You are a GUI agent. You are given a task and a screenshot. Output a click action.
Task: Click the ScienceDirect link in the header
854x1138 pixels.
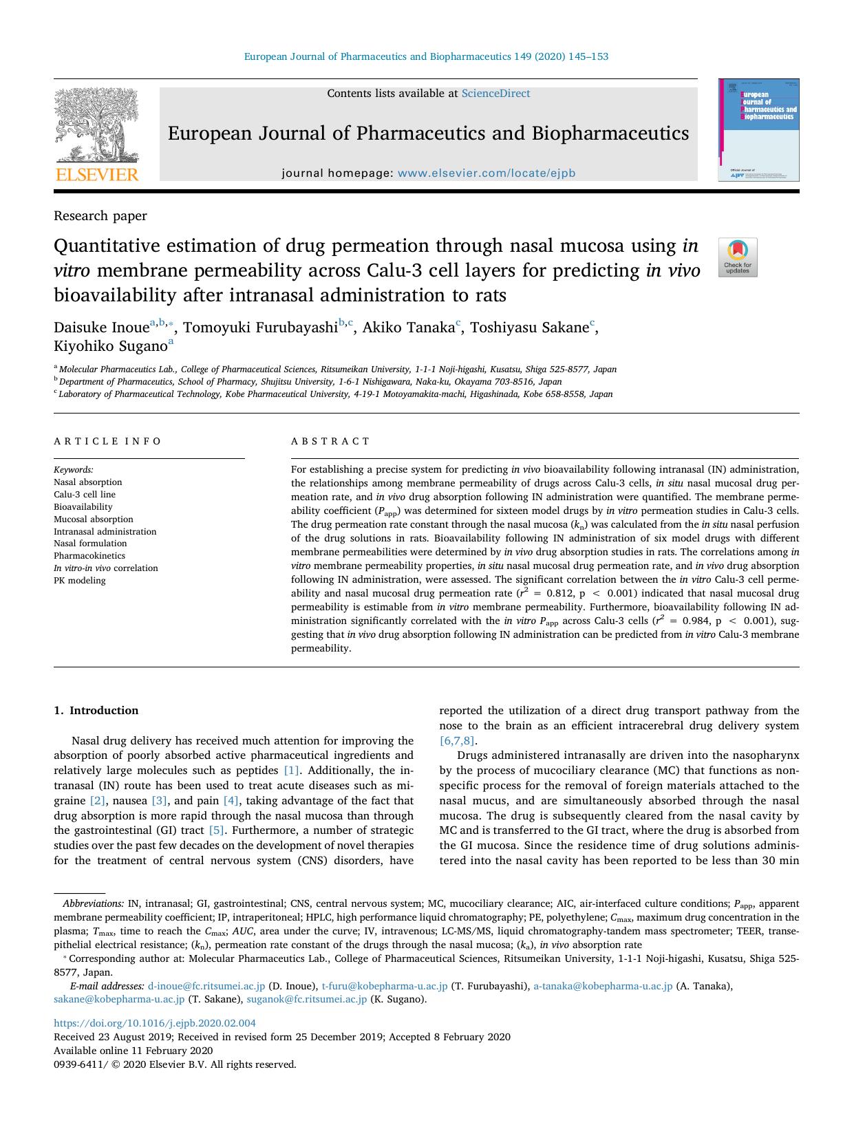pos(495,94)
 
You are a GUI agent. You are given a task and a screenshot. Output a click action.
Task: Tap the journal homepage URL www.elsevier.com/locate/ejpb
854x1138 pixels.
pos(486,173)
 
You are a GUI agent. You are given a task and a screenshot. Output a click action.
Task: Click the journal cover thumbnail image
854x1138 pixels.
pos(758,130)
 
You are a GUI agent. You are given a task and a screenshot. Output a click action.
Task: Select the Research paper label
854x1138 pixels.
pos(100,216)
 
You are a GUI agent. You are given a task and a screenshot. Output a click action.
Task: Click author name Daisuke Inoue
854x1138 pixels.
pos(101,328)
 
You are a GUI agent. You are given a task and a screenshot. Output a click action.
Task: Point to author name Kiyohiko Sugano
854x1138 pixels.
pos(110,346)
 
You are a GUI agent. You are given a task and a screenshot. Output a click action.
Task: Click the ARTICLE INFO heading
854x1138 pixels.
pos(107,441)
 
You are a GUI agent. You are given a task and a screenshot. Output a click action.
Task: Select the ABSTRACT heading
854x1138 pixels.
pos(330,441)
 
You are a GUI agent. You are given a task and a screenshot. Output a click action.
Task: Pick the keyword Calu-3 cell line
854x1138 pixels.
pos(85,495)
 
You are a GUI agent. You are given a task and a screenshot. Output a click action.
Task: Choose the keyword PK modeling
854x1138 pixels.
pos(80,581)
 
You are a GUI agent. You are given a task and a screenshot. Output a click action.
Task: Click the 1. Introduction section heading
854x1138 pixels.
pos(96,711)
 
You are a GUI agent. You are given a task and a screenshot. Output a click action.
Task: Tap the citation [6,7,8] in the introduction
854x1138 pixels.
pos(456,741)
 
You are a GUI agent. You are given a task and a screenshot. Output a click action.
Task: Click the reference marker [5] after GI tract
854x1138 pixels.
pos(216,830)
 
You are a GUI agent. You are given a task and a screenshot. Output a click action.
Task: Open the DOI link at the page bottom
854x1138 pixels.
pos(154,1023)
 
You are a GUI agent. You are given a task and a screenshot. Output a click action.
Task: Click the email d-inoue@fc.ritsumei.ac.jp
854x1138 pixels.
pos(206,986)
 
